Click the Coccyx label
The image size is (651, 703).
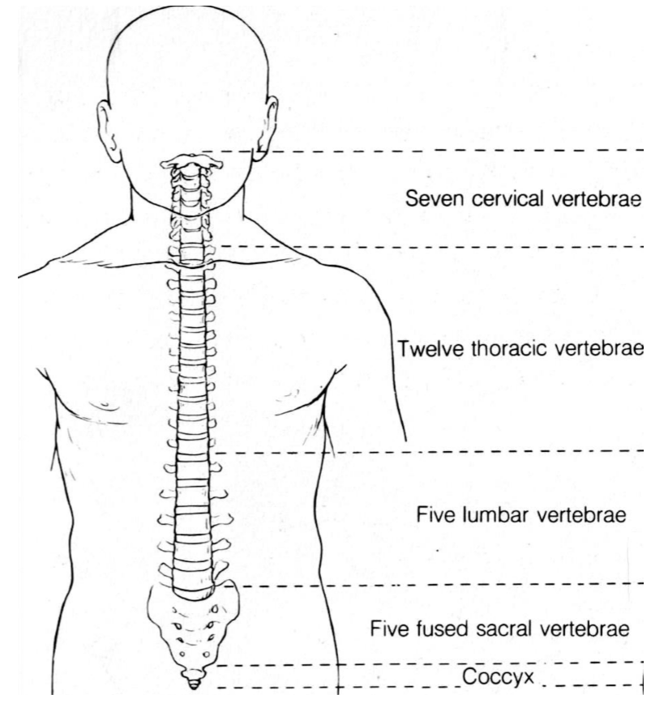tap(489, 675)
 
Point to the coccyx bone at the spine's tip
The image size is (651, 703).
tap(193, 678)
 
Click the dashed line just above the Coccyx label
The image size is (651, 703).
tap(422, 665)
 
